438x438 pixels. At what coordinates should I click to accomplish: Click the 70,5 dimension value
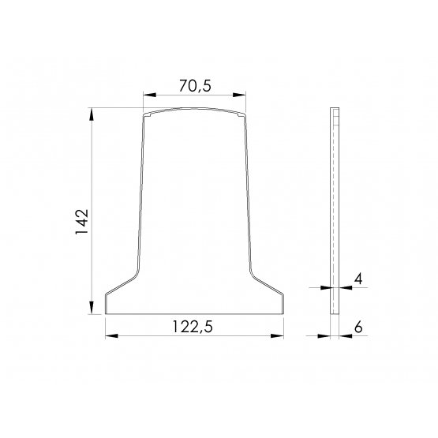pyautogui.click(x=195, y=86)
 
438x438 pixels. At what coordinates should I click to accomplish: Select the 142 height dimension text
pyautogui.click(x=82, y=222)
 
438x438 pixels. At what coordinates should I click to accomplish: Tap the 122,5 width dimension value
pyautogui.click(x=193, y=327)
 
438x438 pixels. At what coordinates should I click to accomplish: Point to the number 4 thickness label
pyautogui.click(x=358, y=279)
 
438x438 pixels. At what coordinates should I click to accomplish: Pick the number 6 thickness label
pyautogui.click(x=358, y=327)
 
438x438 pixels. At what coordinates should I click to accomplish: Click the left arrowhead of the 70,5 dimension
pyautogui.click(x=149, y=95)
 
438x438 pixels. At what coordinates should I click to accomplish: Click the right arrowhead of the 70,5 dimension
pyautogui.click(x=239, y=95)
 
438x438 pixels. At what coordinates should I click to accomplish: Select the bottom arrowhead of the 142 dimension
pyautogui.click(x=92, y=308)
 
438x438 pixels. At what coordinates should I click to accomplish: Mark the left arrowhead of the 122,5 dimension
pyautogui.click(x=112, y=335)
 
